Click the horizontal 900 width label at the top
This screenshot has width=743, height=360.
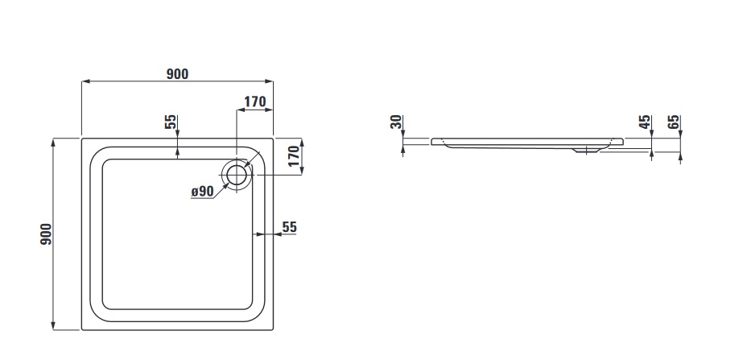pyautogui.click(x=177, y=74)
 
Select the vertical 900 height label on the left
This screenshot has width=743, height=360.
pyautogui.click(x=47, y=234)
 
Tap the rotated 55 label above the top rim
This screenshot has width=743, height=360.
pyautogui.click(x=170, y=122)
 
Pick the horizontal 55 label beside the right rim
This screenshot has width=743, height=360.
pyautogui.click(x=290, y=227)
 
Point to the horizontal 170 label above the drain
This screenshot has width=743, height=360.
pyautogui.click(x=254, y=101)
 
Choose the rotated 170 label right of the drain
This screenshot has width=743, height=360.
pyautogui.click(x=295, y=155)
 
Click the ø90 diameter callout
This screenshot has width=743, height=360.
pyautogui.click(x=201, y=192)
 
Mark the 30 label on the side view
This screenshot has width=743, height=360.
pyautogui.click(x=395, y=122)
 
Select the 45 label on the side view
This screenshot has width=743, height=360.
pyautogui.click(x=644, y=122)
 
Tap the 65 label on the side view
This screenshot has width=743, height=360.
pyautogui.click(x=674, y=122)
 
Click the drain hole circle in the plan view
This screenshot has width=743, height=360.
pyautogui.click(x=237, y=173)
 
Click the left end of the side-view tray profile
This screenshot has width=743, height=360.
pyautogui.click(x=433, y=141)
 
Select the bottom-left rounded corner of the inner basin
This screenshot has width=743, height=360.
pyautogui.click(x=100, y=311)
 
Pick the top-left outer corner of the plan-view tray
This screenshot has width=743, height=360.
pyautogui.click(x=83, y=139)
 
